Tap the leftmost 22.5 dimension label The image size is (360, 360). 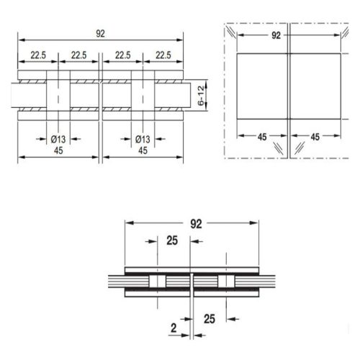[38, 55]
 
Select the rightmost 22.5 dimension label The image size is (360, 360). [163, 55]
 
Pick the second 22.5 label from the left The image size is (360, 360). [79, 55]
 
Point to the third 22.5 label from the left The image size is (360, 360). [122, 55]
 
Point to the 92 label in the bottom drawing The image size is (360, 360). [194, 223]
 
